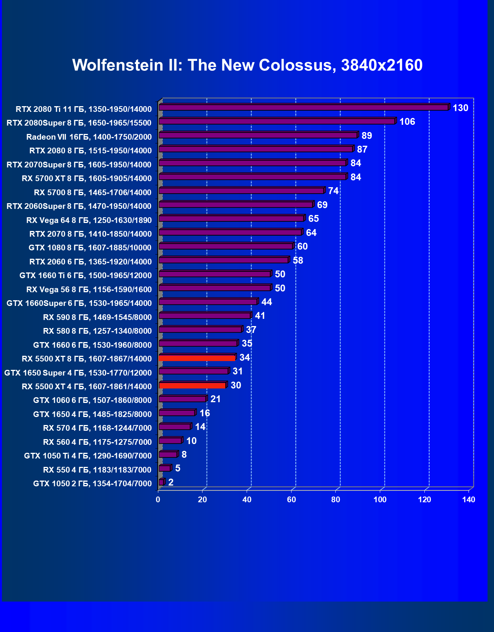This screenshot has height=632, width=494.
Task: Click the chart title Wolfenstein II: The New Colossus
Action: [247, 65]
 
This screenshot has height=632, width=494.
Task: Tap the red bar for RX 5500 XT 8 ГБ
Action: [197, 358]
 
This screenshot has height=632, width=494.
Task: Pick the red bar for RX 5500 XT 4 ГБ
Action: [192, 386]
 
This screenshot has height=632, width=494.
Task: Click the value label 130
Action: [460, 108]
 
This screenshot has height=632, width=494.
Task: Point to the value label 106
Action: [407, 122]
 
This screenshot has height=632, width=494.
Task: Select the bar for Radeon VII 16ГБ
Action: [258, 135]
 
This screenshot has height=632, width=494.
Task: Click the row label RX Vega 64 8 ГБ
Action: [89, 220]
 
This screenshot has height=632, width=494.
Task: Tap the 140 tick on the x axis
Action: [469, 500]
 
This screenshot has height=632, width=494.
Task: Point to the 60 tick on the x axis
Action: [291, 500]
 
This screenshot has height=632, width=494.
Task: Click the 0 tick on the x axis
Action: [158, 500]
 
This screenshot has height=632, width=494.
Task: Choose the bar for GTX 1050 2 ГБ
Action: [161, 482]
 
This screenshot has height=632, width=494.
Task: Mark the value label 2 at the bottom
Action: [171, 482]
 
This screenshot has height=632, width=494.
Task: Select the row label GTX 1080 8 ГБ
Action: [90, 248]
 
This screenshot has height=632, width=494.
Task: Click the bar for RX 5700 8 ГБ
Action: [241, 191]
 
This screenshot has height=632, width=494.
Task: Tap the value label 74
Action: [333, 191]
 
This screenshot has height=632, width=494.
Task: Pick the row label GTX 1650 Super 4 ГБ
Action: [78, 373]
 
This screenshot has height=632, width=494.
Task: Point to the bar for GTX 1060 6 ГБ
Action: [182, 399]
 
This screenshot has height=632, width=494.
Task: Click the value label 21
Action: [215, 399]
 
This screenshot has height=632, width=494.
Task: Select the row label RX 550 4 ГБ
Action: [97, 470]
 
